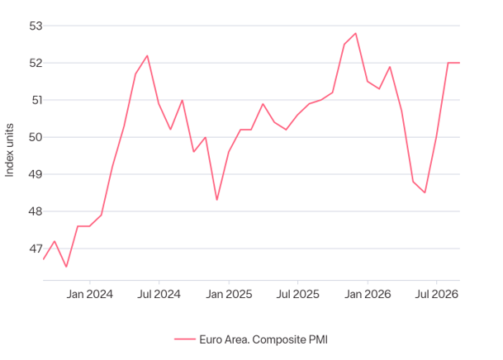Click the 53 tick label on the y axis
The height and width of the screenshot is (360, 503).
[x=36, y=26]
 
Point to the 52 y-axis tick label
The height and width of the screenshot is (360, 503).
[x=36, y=63]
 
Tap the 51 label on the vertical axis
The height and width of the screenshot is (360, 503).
[x=37, y=100]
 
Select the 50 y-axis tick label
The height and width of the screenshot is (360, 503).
[x=36, y=137]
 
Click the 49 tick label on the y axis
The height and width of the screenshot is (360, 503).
[x=36, y=174]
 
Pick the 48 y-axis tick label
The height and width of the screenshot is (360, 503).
[x=36, y=211]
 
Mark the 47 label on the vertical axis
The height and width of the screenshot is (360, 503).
[x=36, y=249]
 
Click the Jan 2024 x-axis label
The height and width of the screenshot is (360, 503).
[x=90, y=294]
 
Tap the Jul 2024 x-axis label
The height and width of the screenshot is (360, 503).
[x=159, y=294]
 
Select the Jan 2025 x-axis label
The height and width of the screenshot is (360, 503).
[x=229, y=294]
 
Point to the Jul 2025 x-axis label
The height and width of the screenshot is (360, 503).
[x=298, y=294]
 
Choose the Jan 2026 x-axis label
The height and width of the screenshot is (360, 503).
[x=368, y=294]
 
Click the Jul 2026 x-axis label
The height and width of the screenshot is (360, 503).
[x=437, y=294]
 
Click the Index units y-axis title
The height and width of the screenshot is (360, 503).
[x=10, y=150]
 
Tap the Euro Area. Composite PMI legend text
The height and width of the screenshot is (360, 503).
[x=263, y=339]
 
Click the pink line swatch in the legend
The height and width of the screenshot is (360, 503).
[x=185, y=339]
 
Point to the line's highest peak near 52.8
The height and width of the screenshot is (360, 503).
[x=356, y=33]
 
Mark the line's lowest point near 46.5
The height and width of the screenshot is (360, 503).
[x=66, y=267]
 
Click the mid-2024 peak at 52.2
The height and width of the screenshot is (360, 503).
[x=147, y=56]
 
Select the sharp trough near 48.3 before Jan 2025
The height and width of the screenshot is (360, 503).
[x=217, y=200]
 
